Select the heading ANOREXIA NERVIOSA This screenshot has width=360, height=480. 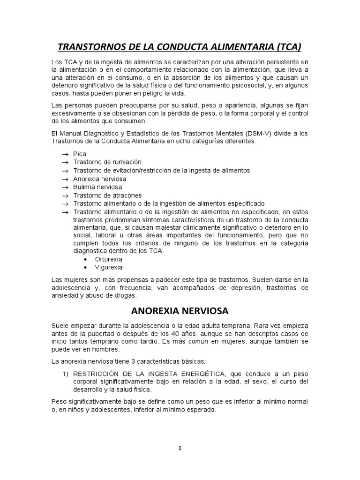coord(180,310)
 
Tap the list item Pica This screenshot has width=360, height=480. coord(80,154)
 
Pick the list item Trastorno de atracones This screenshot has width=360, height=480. coord(107,195)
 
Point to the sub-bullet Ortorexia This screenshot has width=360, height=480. coord(109,259)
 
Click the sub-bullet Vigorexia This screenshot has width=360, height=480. coord(108,268)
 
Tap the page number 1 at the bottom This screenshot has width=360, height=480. coord(180,448)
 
